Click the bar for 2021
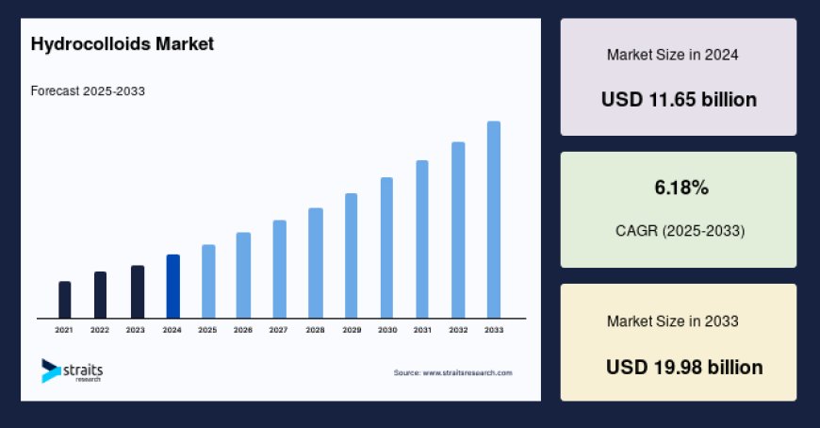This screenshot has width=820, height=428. [x=64, y=300]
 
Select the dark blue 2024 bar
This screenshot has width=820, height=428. [x=172, y=287]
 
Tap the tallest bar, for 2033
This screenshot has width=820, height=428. [x=493, y=220]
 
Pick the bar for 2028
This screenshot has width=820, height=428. [x=316, y=263]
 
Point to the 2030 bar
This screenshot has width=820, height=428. [x=386, y=248]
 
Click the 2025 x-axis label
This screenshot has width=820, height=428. [x=207, y=330]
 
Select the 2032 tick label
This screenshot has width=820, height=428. [x=458, y=330]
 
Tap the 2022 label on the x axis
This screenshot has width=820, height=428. [x=100, y=330]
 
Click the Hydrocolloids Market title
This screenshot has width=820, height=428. [x=123, y=43]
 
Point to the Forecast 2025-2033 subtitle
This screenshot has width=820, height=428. [x=88, y=91]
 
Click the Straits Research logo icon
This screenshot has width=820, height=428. [x=50, y=370]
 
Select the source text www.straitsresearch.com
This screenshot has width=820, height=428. [x=453, y=373]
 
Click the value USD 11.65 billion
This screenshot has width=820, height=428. [x=679, y=99]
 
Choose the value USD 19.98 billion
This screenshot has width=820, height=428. [x=684, y=367]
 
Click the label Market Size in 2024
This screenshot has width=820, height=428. [x=672, y=55]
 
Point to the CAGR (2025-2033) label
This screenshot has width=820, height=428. [x=679, y=230]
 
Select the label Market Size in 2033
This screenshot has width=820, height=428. [x=672, y=321]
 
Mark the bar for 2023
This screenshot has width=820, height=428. [x=137, y=292]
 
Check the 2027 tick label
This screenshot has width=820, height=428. [x=279, y=330]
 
